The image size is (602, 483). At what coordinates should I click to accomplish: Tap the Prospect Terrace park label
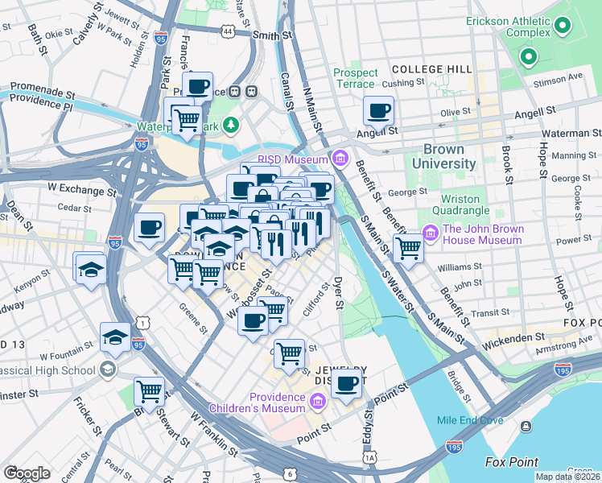point(355,78)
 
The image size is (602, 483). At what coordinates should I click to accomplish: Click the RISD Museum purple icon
point(340,159)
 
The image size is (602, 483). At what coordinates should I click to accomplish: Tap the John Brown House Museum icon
point(431,234)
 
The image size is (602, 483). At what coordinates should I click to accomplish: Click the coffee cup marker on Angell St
point(377,111)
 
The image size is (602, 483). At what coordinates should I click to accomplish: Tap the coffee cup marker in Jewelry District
point(347,384)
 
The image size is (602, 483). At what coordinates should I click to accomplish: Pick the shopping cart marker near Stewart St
point(150,391)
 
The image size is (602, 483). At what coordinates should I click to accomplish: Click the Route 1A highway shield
point(369,457)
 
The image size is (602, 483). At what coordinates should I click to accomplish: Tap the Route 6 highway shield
point(289,474)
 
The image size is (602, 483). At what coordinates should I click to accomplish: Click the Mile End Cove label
point(470,420)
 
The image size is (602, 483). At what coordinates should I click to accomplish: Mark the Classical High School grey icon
point(106,369)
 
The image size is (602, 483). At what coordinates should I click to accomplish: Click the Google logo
point(27,473)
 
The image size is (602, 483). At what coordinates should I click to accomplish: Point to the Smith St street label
point(271,35)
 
